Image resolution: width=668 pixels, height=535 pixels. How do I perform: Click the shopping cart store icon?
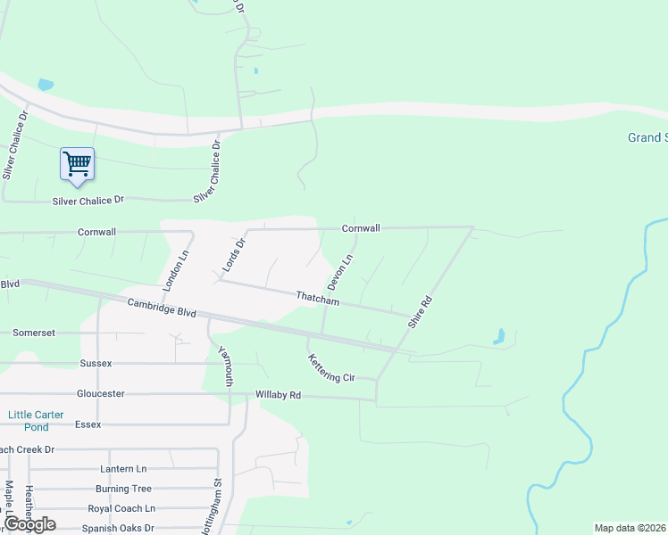pos(78,164)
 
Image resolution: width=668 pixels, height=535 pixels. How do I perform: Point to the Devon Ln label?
pos(341,272)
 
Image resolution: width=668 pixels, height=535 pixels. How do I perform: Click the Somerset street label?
pos(34,333)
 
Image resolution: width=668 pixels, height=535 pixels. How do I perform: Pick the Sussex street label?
pos(96,364)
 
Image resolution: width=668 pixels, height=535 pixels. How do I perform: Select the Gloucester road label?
pos(100,393)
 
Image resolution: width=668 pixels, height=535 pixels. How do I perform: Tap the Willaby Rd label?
pos(278,395)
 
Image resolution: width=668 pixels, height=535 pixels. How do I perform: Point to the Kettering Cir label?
pos(331,368)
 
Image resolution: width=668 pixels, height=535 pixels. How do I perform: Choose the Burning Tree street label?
pos(123,489)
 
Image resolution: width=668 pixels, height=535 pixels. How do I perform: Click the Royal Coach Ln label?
pos(121,508)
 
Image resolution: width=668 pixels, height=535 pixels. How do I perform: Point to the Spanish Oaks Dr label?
pos(118,528)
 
